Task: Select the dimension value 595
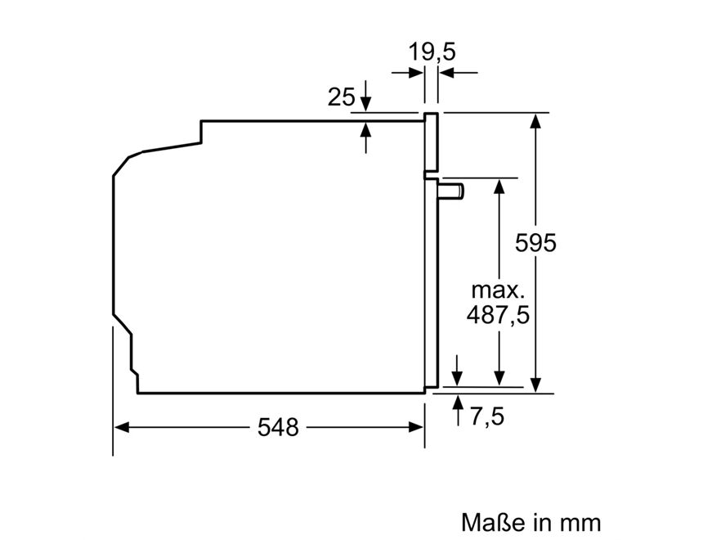tap(535, 243)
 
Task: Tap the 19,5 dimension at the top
tap(432, 52)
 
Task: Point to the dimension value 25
tap(342, 98)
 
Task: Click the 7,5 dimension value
tap(487, 416)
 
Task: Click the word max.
tap(497, 290)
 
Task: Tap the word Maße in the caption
tap(491, 522)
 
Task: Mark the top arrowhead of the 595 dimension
tap(535, 119)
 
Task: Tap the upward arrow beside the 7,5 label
tap(457, 403)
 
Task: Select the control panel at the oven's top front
tap(431, 143)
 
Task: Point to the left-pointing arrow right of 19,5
tap(446, 74)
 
